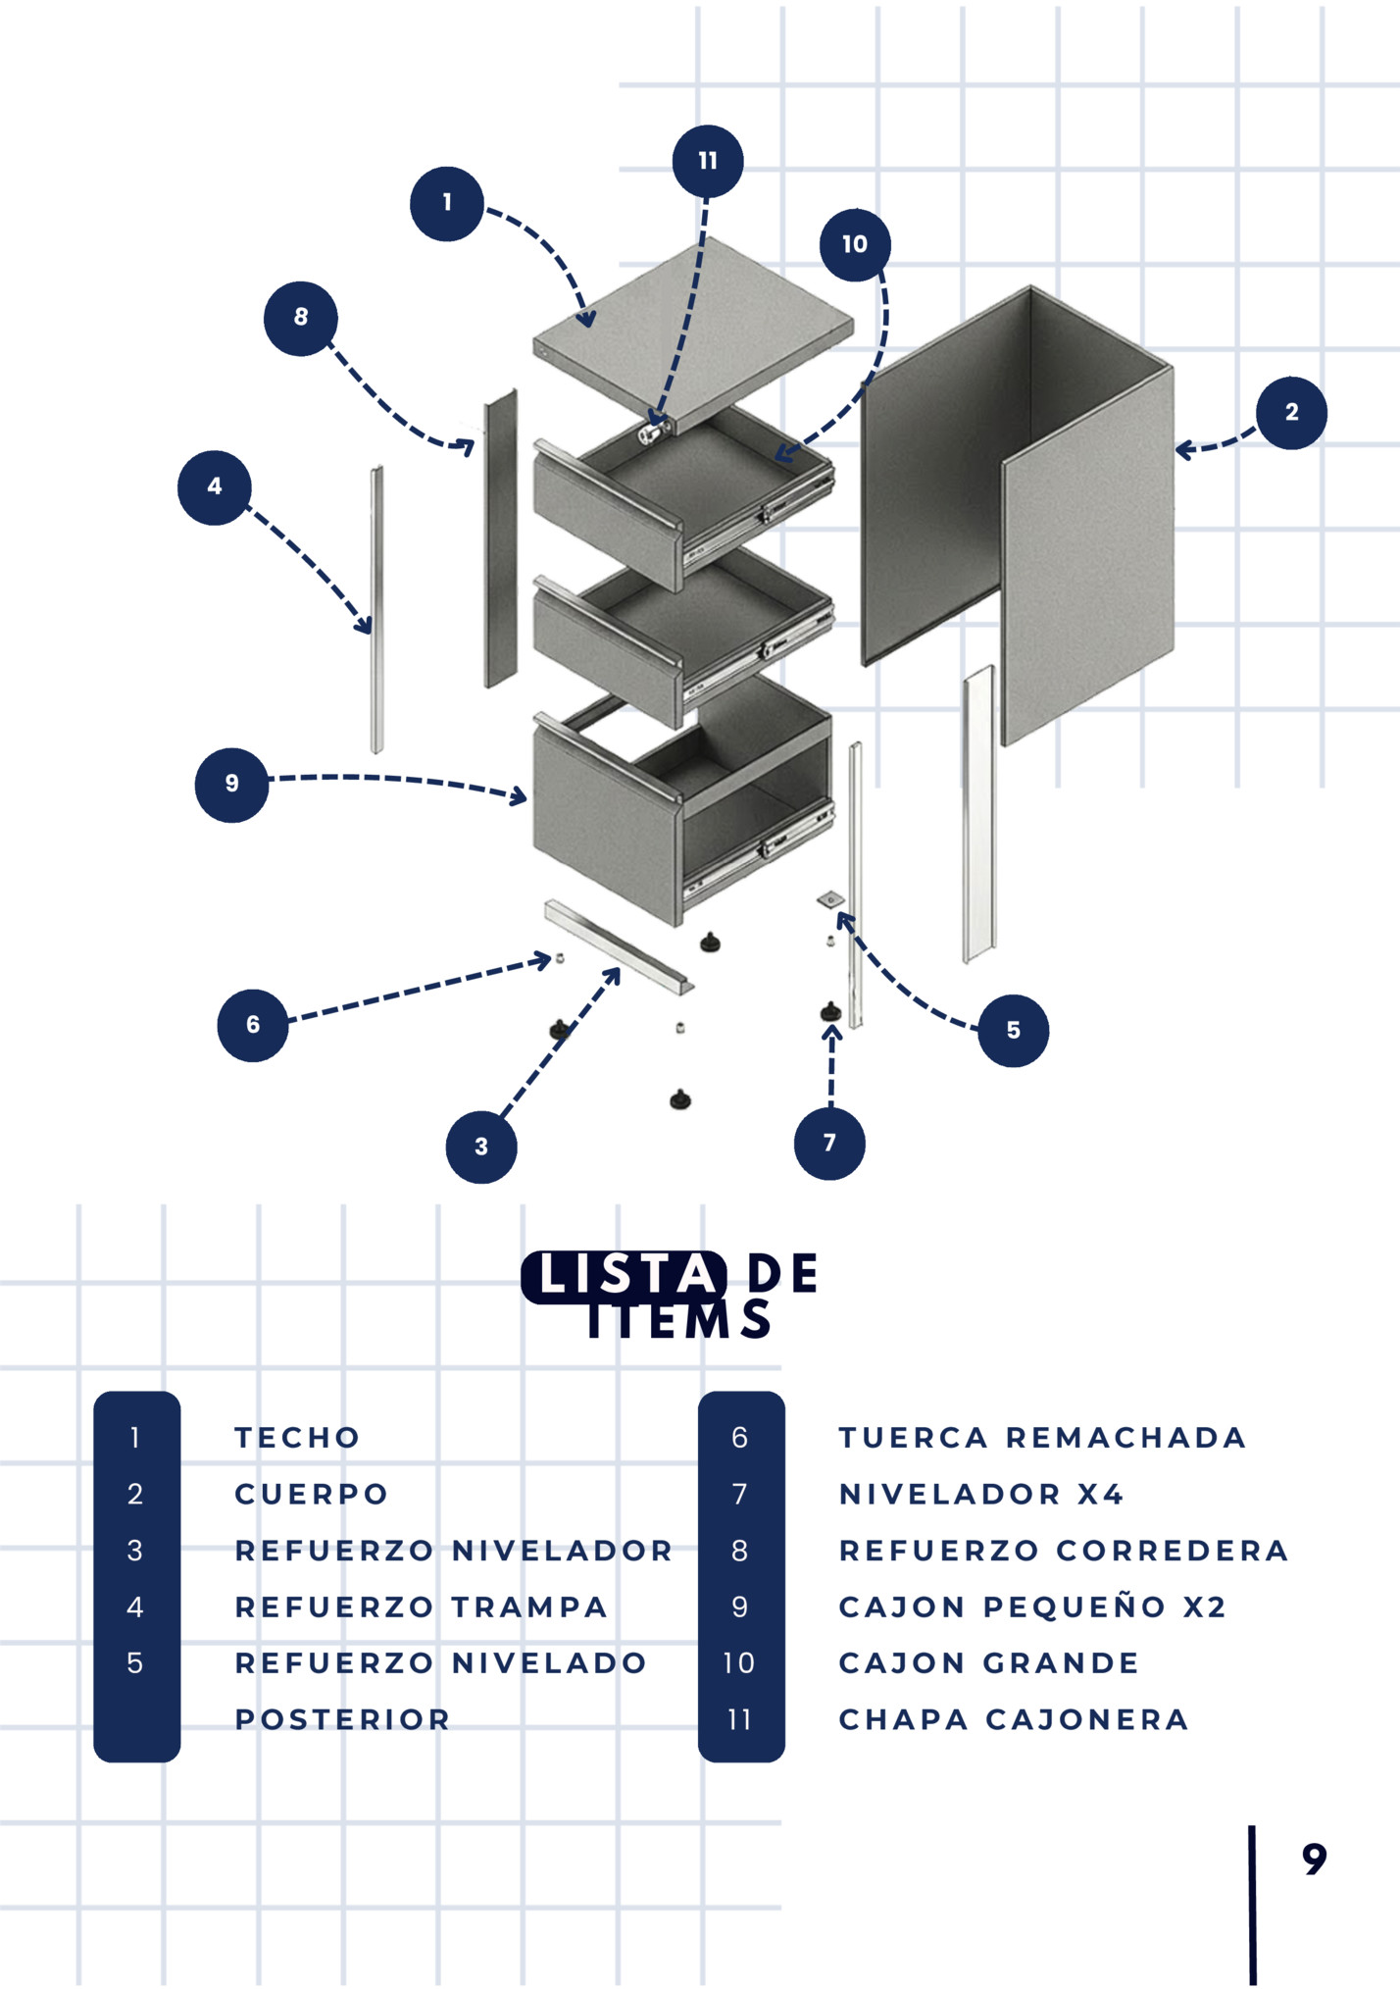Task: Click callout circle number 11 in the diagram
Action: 708,161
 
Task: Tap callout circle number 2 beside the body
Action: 1291,413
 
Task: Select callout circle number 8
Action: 301,318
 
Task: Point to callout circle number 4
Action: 215,487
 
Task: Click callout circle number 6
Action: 253,1025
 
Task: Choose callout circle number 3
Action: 481,1147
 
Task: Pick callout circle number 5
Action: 1014,1031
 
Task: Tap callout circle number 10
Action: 855,244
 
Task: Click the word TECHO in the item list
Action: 297,1438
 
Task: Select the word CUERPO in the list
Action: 312,1494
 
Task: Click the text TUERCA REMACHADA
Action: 1042,1438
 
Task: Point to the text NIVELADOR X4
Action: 981,1494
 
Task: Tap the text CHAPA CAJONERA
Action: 1014,1719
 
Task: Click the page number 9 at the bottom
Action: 1315,1859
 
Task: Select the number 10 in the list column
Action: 739,1663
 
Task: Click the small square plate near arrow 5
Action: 830,899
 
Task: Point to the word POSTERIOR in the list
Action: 342,1719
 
